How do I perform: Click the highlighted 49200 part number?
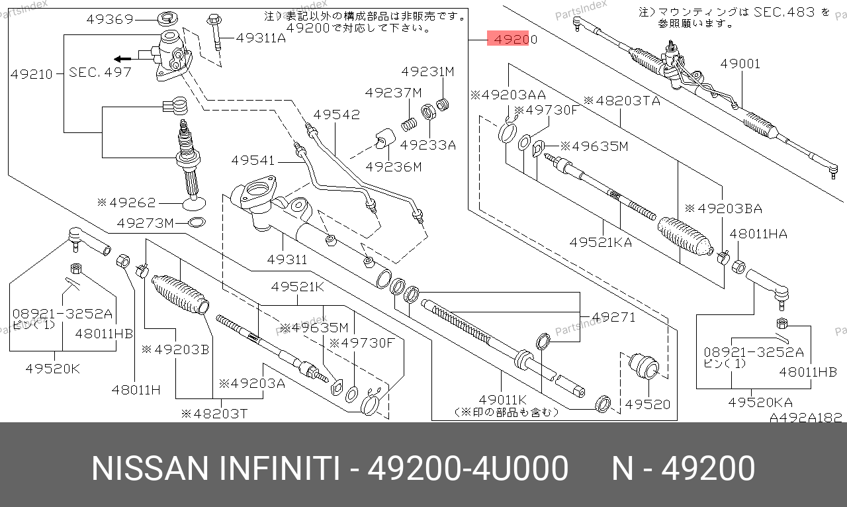tap(512, 40)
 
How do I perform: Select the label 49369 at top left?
tap(110, 19)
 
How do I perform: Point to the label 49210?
tap(31, 74)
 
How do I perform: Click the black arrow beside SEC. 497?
tap(120, 58)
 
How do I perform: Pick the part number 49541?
tap(253, 160)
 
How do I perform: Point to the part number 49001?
tap(740, 64)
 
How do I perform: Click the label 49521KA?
tap(601, 242)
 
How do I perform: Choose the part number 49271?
tap(613, 317)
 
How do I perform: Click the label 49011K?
tap(503, 400)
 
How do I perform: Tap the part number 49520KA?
tap(760, 402)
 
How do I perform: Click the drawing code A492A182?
tap(805, 418)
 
